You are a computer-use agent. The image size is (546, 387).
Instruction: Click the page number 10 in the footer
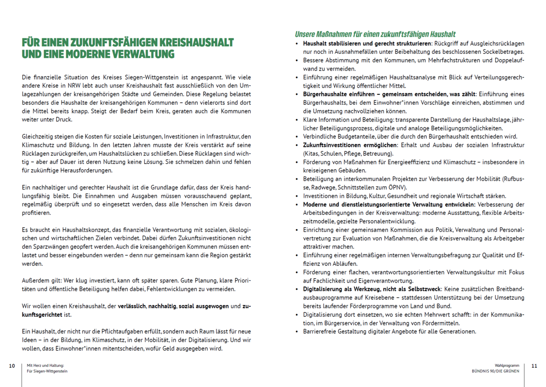[12, 365]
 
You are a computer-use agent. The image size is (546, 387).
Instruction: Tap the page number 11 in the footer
[534, 365]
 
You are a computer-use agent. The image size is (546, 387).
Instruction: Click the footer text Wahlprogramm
[508, 365]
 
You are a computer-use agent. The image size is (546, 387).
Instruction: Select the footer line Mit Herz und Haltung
[45, 365]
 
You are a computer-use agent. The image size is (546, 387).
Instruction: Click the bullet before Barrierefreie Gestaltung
[297, 331]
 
